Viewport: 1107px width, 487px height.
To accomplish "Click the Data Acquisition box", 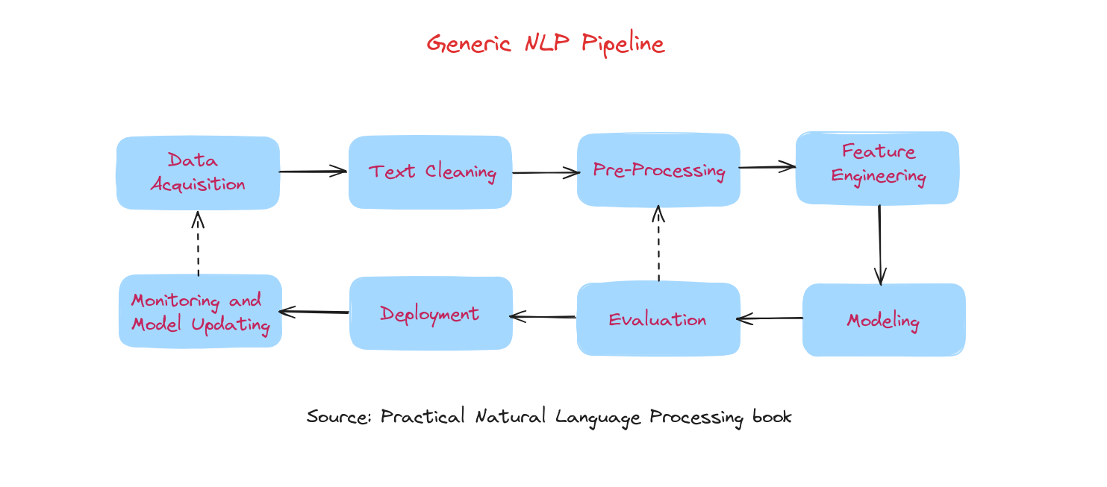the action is tap(198, 173).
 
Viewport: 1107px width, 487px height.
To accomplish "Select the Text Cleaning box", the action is tap(430, 172).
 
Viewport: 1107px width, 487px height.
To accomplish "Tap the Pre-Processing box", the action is tap(658, 169).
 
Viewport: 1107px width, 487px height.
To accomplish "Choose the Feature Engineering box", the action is tap(877, 168).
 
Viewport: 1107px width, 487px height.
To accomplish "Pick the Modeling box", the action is tap(884, 319).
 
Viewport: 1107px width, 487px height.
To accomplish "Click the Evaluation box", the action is tap(658, 318).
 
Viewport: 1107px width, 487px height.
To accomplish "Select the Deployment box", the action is tap(431, 313).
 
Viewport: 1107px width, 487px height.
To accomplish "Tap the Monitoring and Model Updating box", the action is tap(200, 311).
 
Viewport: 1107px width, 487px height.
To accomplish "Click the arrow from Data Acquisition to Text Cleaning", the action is tap(313, 172).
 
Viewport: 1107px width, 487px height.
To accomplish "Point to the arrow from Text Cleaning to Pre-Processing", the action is tap(546, 172).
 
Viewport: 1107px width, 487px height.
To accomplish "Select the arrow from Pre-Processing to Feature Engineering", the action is tap(767, 167).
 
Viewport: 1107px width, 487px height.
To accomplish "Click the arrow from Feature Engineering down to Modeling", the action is tap(879, 245).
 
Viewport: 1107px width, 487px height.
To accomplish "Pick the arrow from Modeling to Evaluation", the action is tap(770, 318).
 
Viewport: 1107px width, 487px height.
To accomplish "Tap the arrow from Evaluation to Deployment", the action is tap(543, 317).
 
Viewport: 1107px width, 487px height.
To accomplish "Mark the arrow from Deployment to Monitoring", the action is tap(314, 312).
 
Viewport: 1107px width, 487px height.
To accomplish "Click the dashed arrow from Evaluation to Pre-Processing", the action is tap(658, 243).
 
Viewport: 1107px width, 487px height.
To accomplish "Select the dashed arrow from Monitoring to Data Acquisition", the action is tap(198, 243).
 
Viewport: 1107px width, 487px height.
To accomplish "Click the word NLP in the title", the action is tap(547, 43).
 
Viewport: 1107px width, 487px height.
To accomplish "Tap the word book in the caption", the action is tap(772, 416).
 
